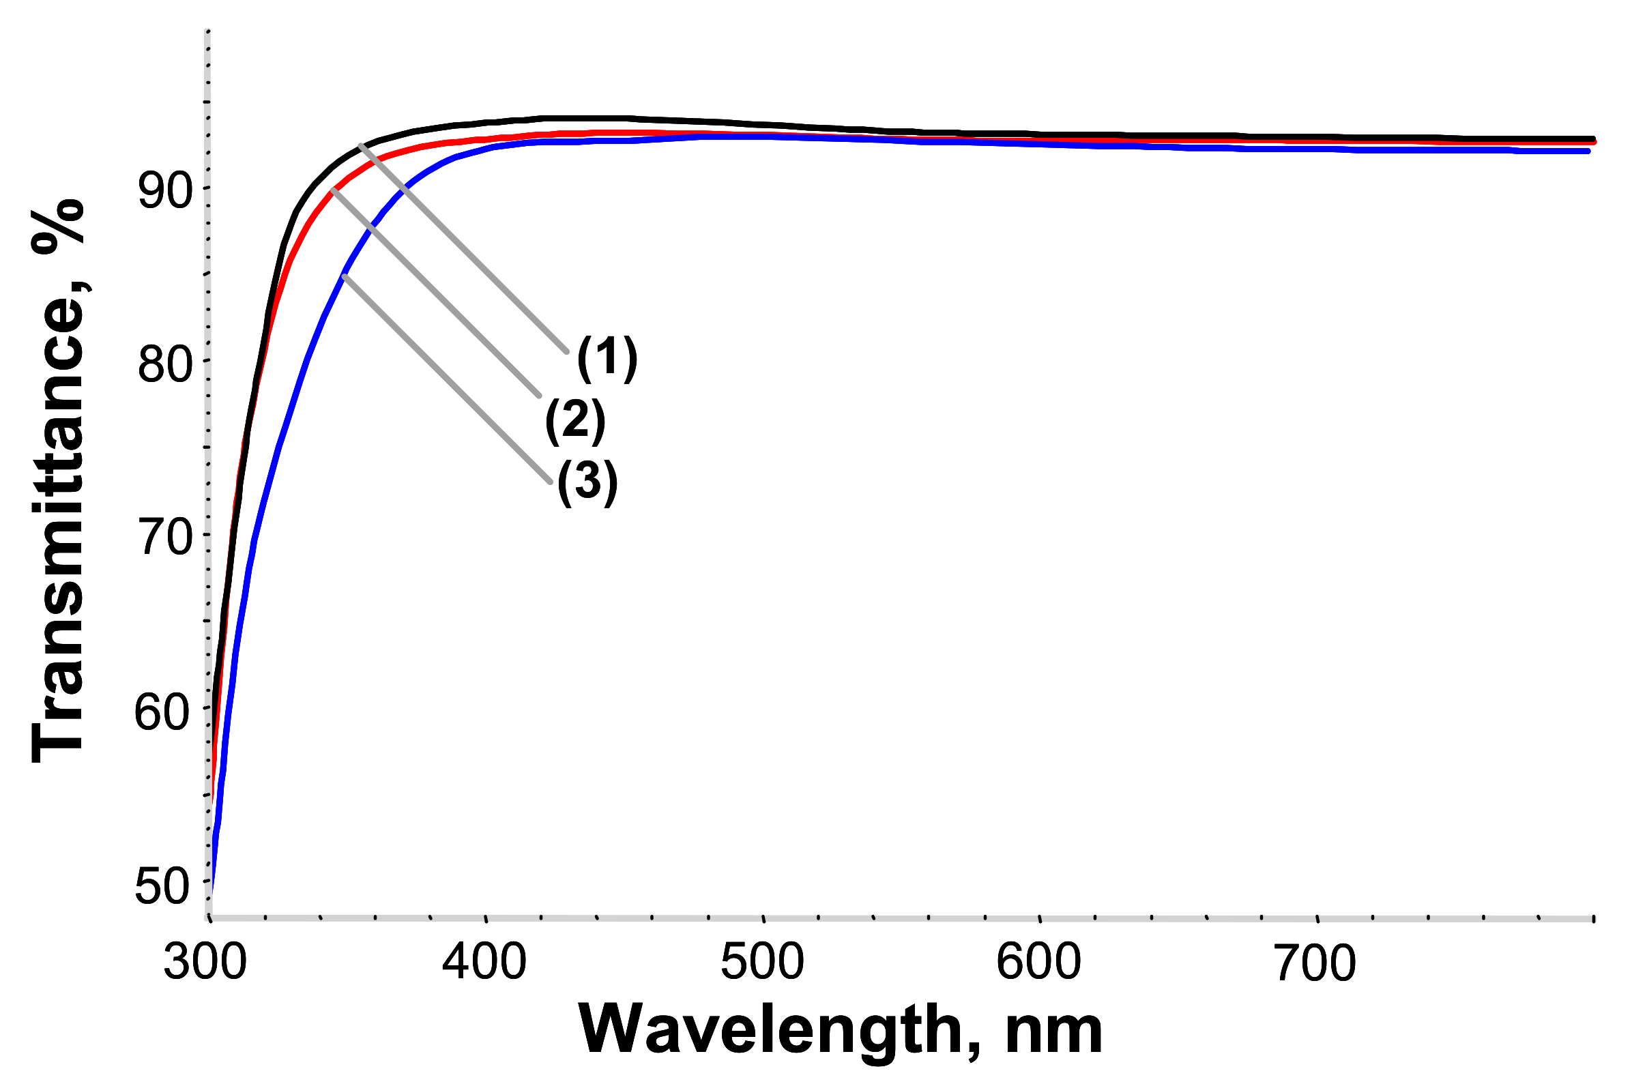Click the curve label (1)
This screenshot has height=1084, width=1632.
[x=607, y=359]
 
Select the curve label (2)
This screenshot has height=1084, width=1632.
[x=575, y=421]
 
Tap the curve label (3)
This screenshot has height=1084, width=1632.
[x=587, y=482]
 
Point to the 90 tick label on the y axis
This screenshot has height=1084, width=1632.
[x=164, y=192]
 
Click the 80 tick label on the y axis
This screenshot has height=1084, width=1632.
[x=164, y=365]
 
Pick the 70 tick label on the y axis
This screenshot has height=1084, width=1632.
[x=166, y=538]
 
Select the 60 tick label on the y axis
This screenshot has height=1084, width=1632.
[x=161, y=713]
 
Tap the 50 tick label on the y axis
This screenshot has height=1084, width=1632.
[x=161, y=887]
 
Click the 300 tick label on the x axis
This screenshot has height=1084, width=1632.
[x=205, y=963]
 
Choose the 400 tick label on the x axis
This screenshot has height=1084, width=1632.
[x=484, y=963]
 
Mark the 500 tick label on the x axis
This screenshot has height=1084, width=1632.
[x=762, y=963]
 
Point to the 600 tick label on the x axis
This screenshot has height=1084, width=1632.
[x=1038, y=963]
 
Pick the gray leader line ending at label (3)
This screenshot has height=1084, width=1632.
[x=446, y=379]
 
